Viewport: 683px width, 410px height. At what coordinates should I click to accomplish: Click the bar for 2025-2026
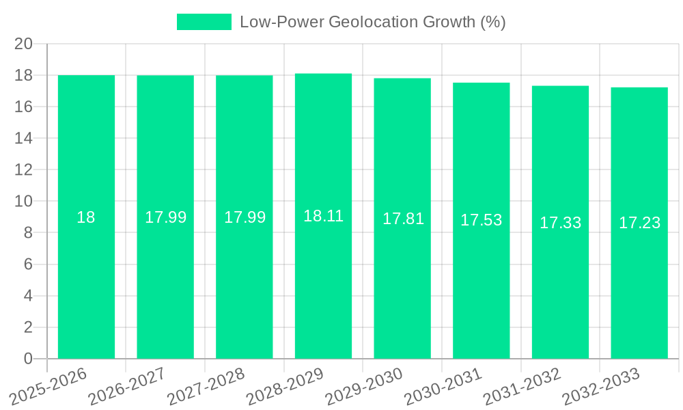[86, 273]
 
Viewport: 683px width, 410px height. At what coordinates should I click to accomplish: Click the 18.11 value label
[323, 217]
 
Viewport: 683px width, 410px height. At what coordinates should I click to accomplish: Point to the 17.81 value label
[402, 219]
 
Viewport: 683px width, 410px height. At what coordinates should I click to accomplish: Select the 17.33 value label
[560, 223]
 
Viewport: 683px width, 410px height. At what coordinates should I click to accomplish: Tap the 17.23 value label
[639, 223]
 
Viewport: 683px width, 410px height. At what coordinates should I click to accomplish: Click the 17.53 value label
[481, 220]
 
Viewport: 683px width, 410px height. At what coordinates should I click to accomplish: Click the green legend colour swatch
[204, 22]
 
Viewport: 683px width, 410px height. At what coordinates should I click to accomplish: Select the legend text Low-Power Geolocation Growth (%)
[372, 22]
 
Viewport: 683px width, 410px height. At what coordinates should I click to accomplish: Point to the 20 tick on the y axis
[24, 44]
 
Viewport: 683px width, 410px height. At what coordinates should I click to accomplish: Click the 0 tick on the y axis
[28, 359]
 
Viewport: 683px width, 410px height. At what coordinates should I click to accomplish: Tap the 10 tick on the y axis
[24, 202]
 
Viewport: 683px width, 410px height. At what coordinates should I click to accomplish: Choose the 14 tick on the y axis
[24, 139]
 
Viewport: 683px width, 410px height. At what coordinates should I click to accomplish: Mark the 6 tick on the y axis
[28, 264]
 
